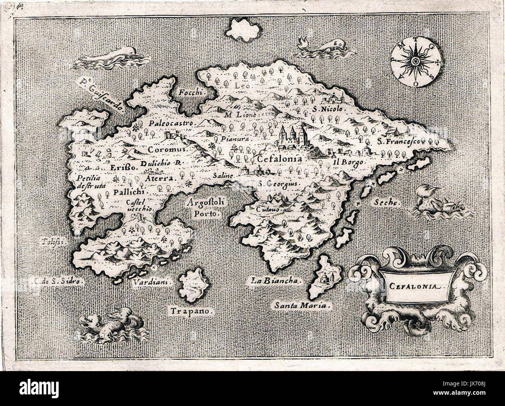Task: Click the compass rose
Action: (x=414, y=61)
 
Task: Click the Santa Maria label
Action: (x=302, y=306)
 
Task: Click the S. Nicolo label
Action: (x=327, y=109)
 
